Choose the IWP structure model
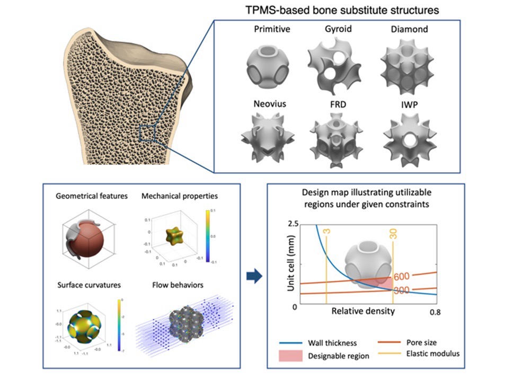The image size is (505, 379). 406,139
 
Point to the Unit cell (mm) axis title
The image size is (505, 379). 290,265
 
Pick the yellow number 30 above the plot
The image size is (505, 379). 393,234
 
